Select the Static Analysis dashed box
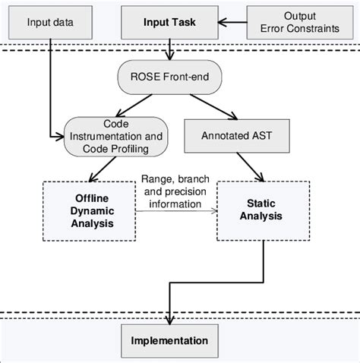point(263,210)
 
